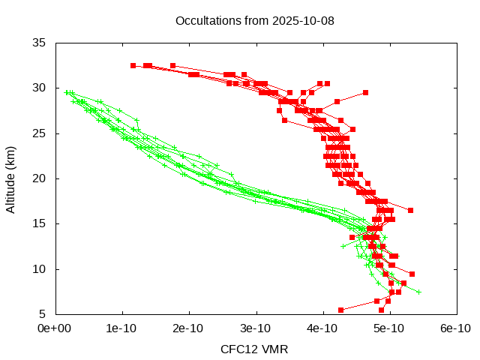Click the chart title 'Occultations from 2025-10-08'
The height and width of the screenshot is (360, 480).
254,20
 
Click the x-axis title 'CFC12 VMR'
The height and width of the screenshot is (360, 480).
254,349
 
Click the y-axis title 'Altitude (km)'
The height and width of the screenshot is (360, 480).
10,178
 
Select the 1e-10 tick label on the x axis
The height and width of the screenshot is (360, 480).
122,328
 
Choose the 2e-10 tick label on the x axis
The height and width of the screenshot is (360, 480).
189,328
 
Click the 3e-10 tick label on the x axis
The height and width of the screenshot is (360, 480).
256,328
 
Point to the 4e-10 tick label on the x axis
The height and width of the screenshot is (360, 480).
323,328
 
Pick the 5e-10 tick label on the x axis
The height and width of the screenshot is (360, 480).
390,328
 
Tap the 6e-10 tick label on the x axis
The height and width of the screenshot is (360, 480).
456,328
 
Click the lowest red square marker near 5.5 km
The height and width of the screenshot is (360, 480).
340,310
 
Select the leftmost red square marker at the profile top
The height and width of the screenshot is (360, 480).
133,65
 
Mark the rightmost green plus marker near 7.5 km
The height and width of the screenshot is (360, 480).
418,292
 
